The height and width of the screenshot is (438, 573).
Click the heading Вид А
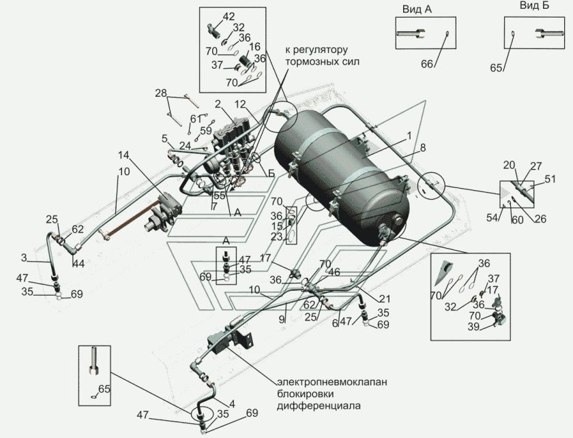pos(415,7)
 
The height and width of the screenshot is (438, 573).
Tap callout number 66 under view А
pos(427,65)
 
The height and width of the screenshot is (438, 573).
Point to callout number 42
pos(229,16)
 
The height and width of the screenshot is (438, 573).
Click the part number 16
pos(254,46)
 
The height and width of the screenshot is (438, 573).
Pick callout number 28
pos(160,93)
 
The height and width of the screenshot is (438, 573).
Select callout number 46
pos(334,272)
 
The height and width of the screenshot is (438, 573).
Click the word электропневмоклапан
pos(332,382)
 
